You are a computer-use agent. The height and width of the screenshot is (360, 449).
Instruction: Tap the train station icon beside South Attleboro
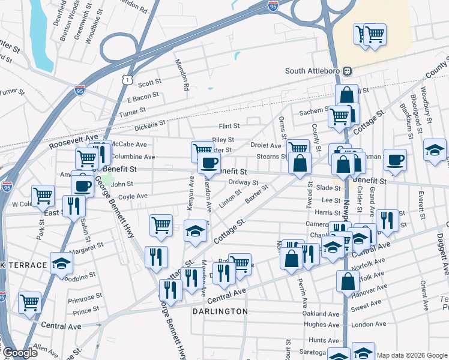[x=347, y=71]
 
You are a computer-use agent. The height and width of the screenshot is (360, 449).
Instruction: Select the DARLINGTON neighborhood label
[x=220, y=311]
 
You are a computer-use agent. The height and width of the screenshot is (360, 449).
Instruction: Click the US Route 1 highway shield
[x=125, y=79]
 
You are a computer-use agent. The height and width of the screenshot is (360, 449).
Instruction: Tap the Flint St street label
[x=229, y=126]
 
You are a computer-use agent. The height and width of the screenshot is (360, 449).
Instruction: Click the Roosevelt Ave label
[x=73, y=142]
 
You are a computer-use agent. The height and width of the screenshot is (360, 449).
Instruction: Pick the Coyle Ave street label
[x=133, y=196]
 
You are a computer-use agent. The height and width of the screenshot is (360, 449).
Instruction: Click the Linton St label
[x=230, y=198]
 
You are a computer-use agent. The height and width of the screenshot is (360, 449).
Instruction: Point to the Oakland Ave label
[x=321, y=313]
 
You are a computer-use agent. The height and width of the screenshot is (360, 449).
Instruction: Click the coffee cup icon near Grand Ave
[x=395, y=160]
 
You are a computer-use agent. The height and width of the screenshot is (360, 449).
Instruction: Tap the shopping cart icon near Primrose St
[x=30, y=302]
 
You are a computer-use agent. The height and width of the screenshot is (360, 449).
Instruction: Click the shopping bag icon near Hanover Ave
[x=348, y=280]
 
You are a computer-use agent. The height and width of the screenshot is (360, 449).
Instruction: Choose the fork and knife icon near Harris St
[x=388, y=220]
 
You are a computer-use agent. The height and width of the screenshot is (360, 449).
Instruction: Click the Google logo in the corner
[x=20, y=353]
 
